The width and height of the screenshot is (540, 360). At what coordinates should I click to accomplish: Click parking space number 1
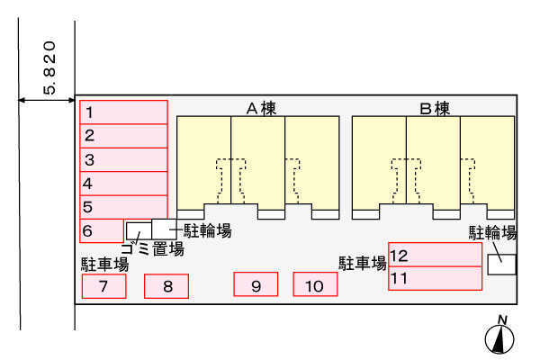point(123,112)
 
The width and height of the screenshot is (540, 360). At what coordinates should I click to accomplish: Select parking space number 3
point(123,160)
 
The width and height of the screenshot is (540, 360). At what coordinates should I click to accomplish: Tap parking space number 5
point(123,207)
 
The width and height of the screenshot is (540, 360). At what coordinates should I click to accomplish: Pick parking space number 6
point(102,230)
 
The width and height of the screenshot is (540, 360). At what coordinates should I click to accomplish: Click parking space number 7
point(104,286)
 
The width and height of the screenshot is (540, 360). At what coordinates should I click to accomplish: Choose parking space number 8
point(166,286)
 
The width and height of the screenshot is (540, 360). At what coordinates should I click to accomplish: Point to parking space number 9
point(256,284)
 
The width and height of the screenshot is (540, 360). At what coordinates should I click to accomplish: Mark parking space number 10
point(315,284)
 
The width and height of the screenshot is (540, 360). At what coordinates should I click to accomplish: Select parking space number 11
point(435,278)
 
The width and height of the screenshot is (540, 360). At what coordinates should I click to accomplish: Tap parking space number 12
point(435,255)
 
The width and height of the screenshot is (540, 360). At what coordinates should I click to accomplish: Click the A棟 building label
point(261,109)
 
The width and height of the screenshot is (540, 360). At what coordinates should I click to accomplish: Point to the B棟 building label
point(435,109)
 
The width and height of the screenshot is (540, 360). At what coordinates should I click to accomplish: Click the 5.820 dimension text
point(49,67)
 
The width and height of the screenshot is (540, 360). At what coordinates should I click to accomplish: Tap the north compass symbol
point(499,336)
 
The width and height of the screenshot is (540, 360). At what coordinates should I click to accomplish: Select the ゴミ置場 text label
point(153,248)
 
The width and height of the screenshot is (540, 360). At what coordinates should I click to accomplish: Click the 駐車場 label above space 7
point(105,265)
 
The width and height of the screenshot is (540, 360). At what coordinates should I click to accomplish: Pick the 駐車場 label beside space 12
point(363,263)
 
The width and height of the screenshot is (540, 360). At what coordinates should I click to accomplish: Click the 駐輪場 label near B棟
point(493,233)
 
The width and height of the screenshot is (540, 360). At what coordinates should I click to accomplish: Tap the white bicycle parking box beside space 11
point(502,265)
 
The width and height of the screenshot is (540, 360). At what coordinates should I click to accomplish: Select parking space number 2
point(123,136)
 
